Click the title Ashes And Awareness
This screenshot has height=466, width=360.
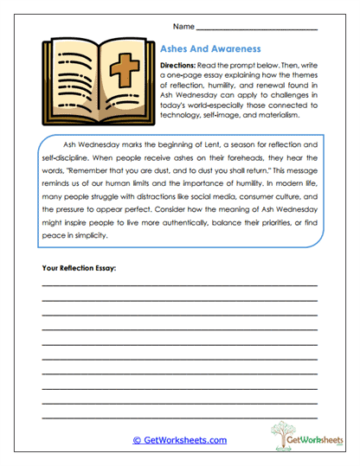(211, 50)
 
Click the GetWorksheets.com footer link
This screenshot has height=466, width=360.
(179, 440)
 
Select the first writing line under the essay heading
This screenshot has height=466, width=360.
(179, 285)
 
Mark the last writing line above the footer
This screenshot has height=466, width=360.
(179, 417)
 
